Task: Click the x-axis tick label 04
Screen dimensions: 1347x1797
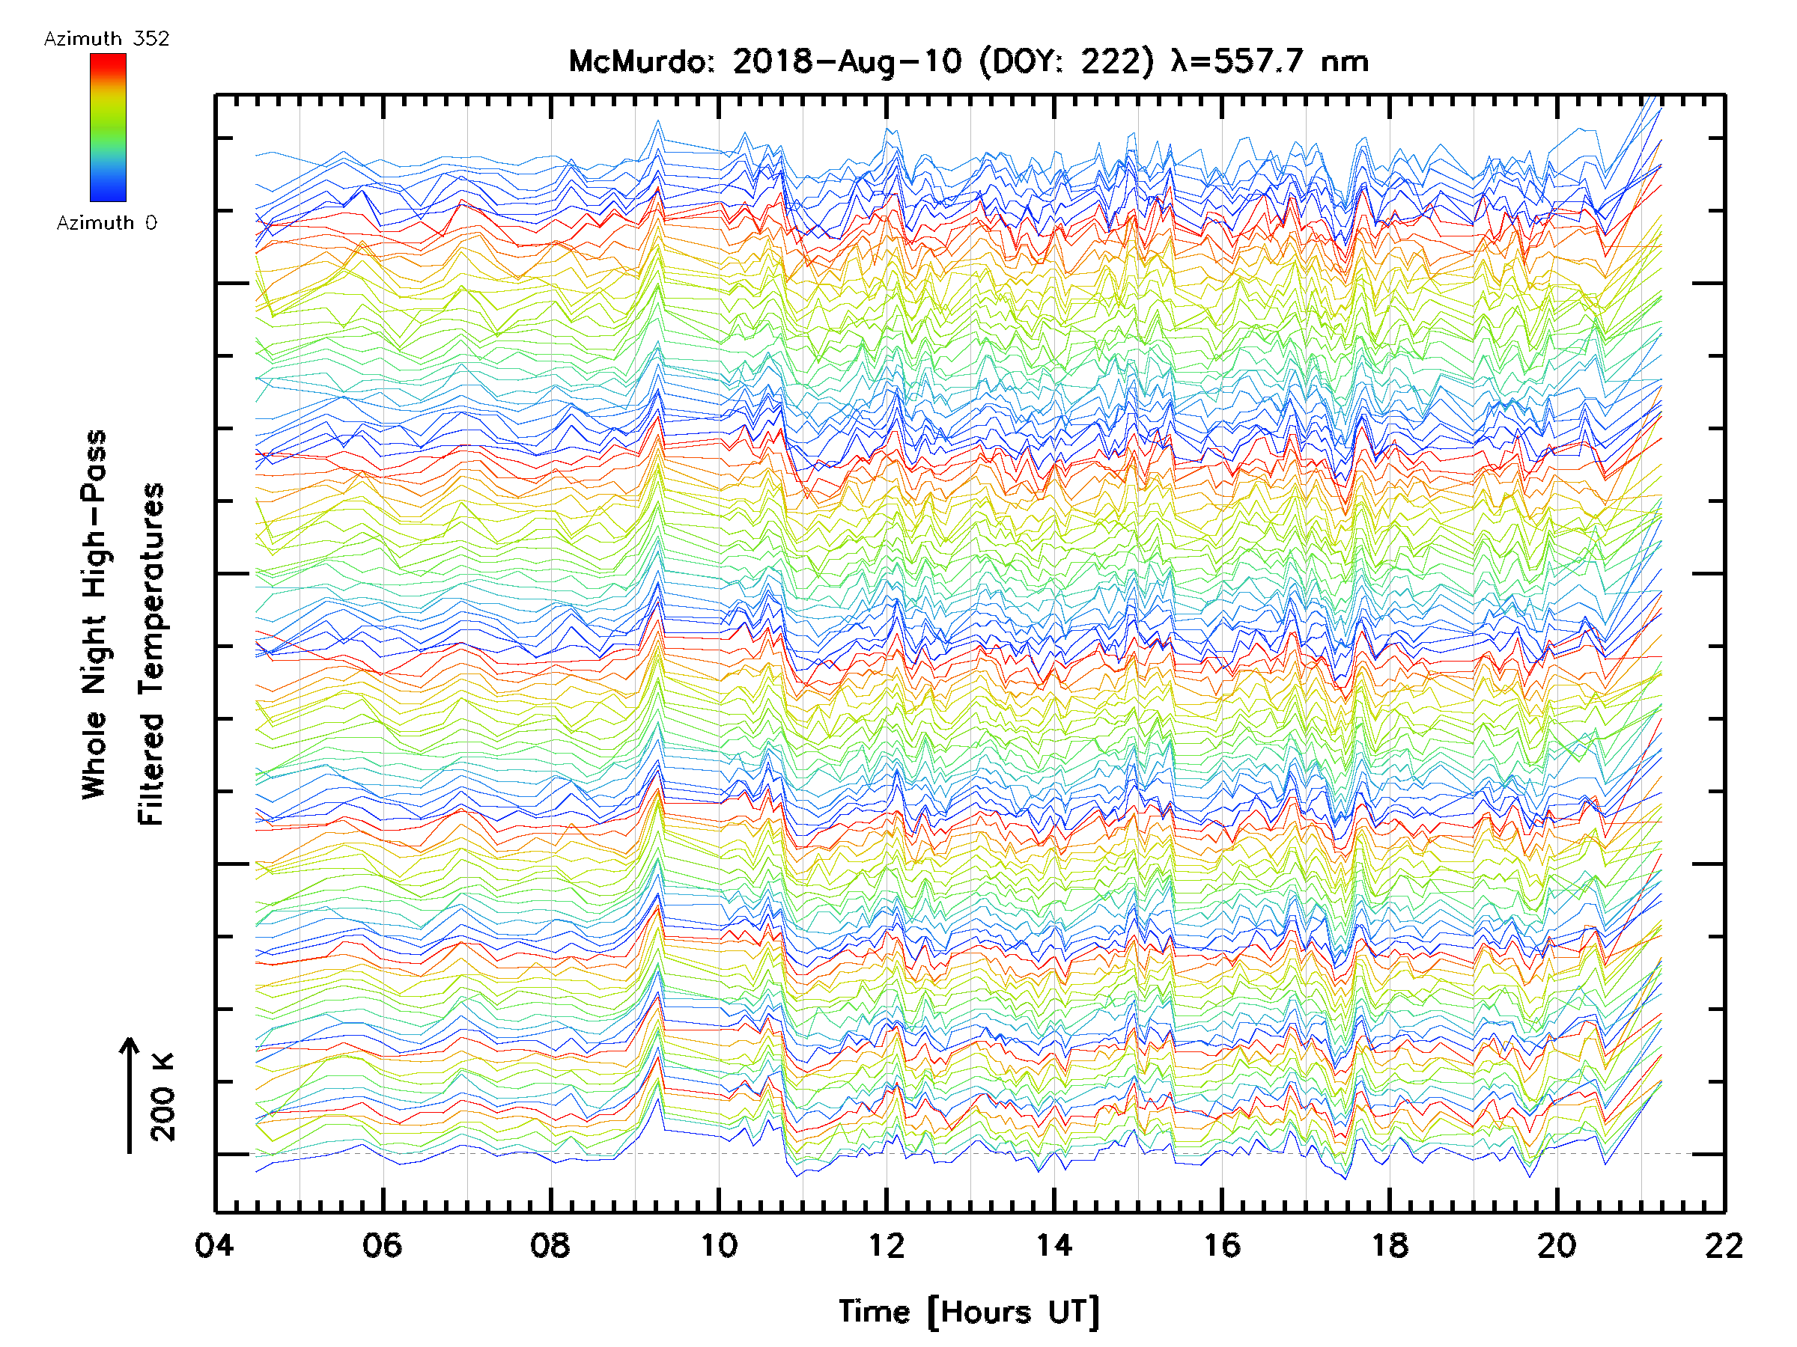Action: click(214, 1244)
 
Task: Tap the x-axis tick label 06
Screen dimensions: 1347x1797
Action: click(382, 1244)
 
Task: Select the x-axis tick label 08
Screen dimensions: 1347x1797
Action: click(550, 1244)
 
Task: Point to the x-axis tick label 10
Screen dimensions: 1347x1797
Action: click(718, 1244)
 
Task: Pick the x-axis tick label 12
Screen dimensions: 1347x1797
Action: click(886, 1244)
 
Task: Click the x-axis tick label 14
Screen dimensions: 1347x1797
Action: click(1053, 1244)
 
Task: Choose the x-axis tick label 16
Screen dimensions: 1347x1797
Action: click(1222, 1244)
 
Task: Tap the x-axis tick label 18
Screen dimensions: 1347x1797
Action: click(1389, 1244)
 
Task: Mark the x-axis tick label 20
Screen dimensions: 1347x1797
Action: click(1557, 1244)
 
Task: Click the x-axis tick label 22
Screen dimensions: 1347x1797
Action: click(1724, 1244)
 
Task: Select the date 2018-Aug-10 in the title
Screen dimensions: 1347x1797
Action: click(847, 61)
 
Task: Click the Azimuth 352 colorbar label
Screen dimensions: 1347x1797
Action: click(106, 39)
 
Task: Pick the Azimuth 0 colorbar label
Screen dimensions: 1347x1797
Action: click(106, 222)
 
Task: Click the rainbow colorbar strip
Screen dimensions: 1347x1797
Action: click(108, 127)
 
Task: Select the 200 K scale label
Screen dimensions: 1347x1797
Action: click(162, 1097)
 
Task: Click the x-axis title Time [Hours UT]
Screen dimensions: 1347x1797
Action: click(968, 1312)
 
